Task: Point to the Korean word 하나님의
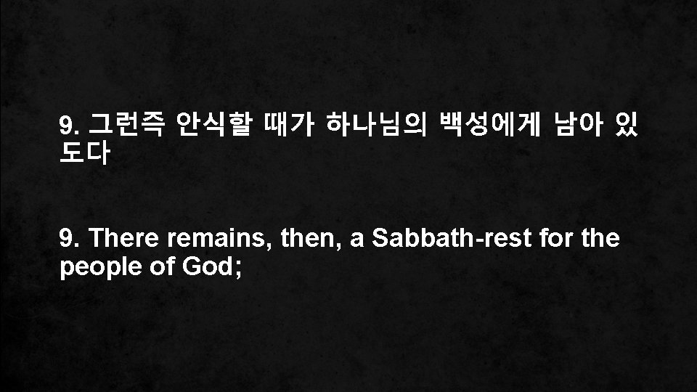pos(372,127)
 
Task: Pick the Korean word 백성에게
pos(484,127)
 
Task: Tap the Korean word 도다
pos(86,154)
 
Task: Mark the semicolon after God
pos(236,269)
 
